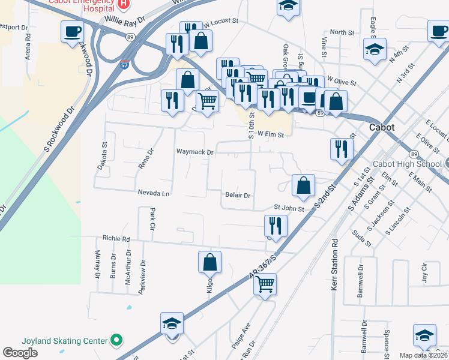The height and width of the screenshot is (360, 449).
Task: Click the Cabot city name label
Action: [x=382, y=128]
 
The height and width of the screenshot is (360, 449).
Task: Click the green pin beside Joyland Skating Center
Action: [x=117, y=341]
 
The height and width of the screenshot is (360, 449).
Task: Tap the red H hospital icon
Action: [x=123, y=4]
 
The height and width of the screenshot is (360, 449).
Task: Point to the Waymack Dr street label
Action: [x=194, y=152]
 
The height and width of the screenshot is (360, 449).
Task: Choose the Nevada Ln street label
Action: [x=154, y=193]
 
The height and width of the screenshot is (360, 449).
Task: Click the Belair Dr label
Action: [x=237, y=196]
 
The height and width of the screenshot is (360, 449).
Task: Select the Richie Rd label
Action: [x=116, y=238]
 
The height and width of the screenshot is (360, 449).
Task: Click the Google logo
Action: [x=20, y=353]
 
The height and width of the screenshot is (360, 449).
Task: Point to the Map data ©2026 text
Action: [x=423, y=355]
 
